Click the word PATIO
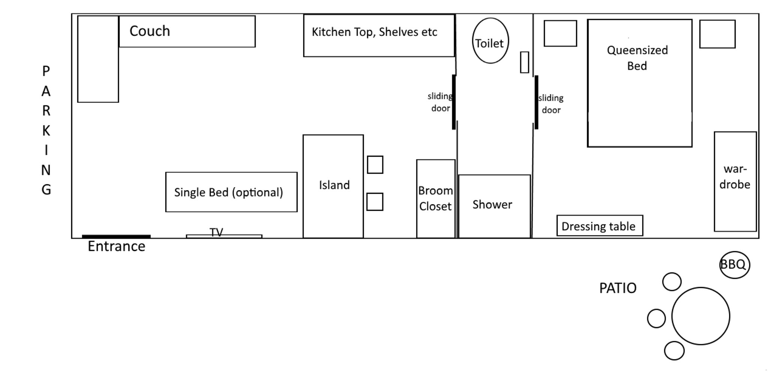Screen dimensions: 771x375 click(618, 288)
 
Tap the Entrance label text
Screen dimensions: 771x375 click(116, 246)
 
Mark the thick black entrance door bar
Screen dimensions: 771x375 click(116, 236)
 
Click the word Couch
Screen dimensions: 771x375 click(150, 31)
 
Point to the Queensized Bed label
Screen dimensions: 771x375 click(637, 58)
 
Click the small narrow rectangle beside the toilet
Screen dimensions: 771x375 click(524, 62)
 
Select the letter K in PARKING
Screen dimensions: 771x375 click(46, 130)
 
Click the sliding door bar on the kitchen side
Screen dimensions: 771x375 click(454, 102)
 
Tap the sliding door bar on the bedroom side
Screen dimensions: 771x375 click(536, 102)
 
